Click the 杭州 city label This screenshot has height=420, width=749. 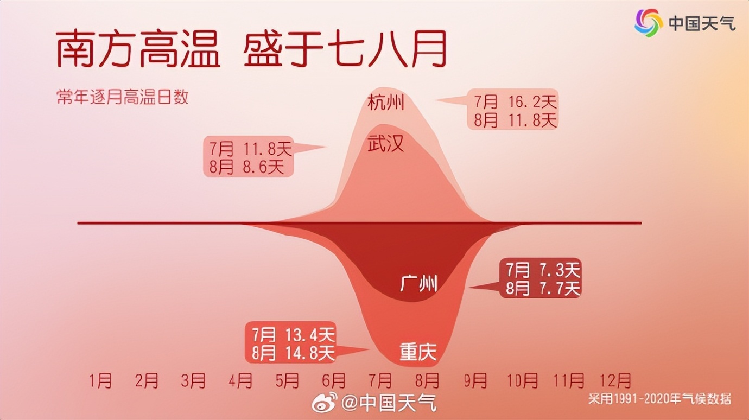click(386, 103)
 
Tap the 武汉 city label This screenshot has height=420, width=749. click(386, 144)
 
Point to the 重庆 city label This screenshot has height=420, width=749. click(418, 352)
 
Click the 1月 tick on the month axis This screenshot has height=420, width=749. click(100, 380)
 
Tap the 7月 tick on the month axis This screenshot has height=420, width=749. click(380, 380)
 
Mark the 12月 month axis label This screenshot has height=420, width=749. click(615, 380)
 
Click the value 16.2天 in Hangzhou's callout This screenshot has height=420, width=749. click(532, 101)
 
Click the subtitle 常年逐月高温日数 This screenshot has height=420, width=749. click(123, 97)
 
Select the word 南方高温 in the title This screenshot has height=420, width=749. click(137, 49)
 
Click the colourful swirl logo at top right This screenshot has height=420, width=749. click(649, 23)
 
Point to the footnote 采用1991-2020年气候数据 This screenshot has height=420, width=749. click(659, 399)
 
